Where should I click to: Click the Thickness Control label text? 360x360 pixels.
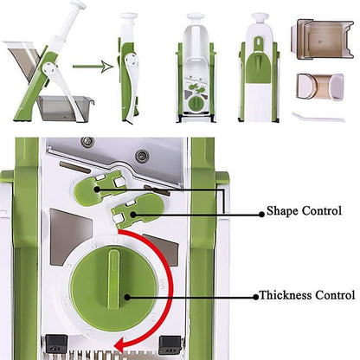click(307, 295)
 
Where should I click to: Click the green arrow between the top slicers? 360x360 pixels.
click(88, 63)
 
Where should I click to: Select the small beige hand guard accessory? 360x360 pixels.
click(316, 88)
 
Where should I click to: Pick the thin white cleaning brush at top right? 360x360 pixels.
click(317, 116)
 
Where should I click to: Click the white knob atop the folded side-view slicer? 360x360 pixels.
click(129, 16)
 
